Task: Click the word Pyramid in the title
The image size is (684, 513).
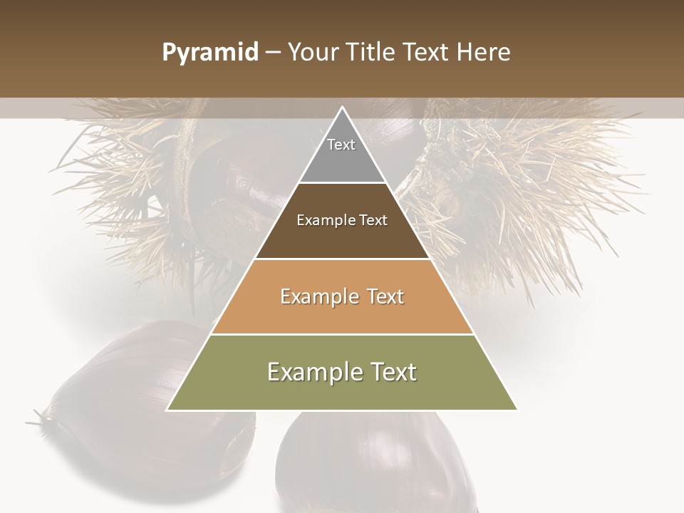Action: point(209,53)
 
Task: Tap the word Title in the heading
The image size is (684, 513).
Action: point(374,53)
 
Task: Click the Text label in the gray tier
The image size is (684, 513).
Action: point(341,145)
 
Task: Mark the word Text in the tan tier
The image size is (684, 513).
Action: point(386,296)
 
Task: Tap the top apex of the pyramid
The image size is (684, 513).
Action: point(342,108)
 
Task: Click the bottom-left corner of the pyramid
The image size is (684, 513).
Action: point(167,410)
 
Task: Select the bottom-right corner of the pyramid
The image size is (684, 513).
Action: point(517,410)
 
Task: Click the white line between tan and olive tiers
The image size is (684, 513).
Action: point(342,334)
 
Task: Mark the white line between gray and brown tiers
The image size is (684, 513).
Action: point(342,183)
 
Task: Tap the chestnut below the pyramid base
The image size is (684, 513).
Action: point(370,463)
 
